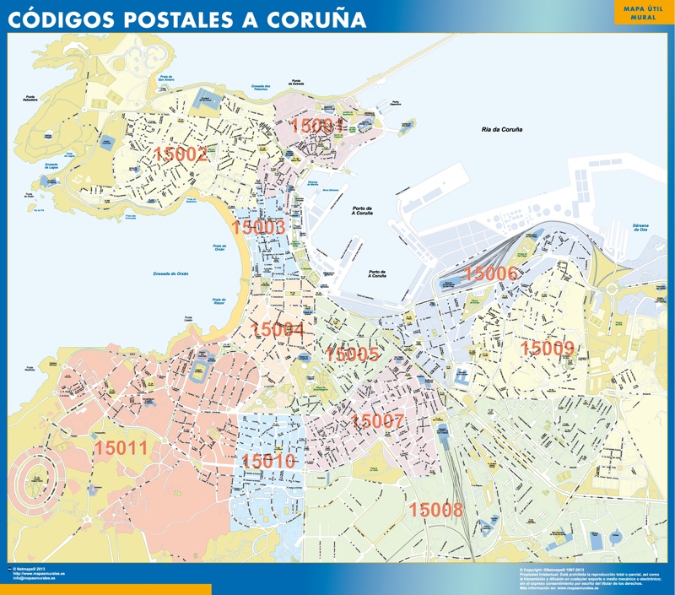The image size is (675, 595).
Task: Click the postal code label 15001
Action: click(x=318, y=127)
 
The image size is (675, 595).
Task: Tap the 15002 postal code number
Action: click(x=181, y=154)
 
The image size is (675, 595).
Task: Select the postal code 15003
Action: click(x=257, y=227)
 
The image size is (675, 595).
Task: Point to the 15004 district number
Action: click(x=278, y=329)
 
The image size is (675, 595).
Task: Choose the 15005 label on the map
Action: click(x=352, y=354)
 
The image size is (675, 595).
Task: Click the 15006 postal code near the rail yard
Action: click(x=491, y=273)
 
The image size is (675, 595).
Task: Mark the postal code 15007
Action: click(x=378, y=421)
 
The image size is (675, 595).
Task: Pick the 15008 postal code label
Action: click(x=436, y=509)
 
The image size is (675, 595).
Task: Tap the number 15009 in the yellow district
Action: click(x=547, y=348)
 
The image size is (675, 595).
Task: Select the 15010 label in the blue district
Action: click(x=268, y=461)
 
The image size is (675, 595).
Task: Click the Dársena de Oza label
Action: click(x=645, y=228)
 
